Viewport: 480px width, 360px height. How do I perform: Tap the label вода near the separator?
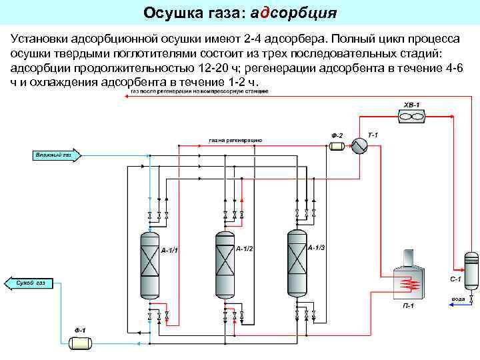[x=458, y=299]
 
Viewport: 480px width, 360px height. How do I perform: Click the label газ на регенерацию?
[x=235, y=141]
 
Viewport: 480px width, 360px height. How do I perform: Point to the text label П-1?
[x=407, y=306]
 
